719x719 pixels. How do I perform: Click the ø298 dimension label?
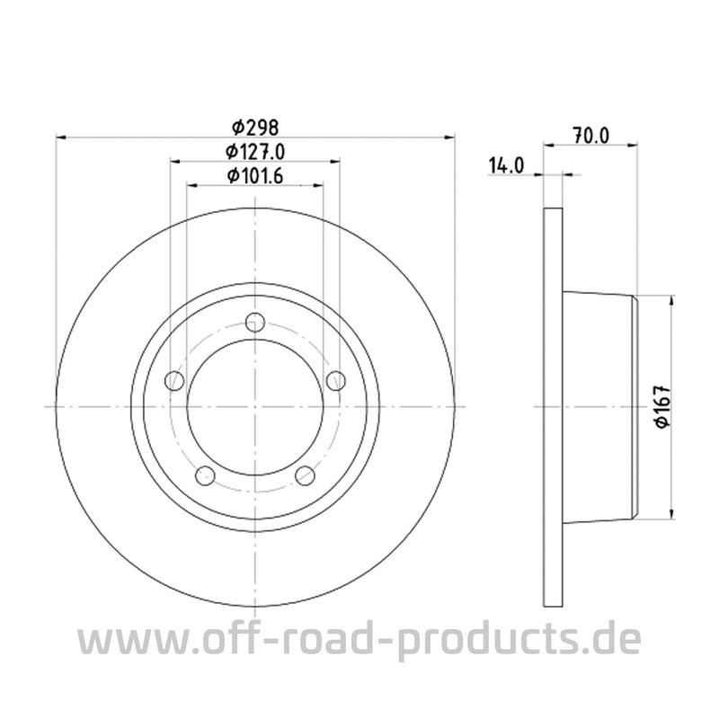click(255, 127)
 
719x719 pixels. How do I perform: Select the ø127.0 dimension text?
click(255, 151)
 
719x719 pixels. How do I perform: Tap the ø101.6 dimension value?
click(255, 176)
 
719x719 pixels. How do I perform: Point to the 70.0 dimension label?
click(590, 136)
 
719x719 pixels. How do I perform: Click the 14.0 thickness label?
click(507, 164)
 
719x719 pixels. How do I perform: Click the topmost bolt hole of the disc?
click(256, 321)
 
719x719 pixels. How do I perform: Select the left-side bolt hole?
click(175, 380)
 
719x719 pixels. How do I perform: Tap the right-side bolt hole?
click(337, 380)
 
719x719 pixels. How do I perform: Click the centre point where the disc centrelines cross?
click(256, 406)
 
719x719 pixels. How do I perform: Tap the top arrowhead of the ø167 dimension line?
click(670, 299)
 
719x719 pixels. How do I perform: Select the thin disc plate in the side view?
click(554, 406)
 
